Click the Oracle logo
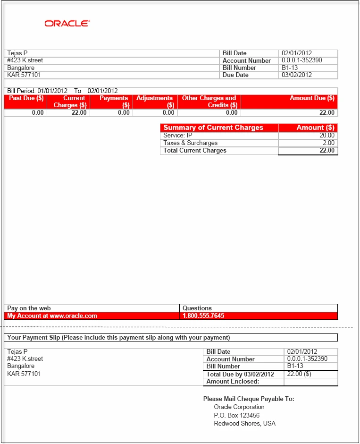[x=67, y=23]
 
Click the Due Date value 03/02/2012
[x=297, y=75]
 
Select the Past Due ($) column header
[x=26, y=98]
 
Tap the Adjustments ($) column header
[x=154, y=102]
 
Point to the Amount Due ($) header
[x=312, y=98]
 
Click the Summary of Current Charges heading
[x=213, y=128]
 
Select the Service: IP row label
[x=177, y=136]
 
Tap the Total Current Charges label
[x=195, y=151]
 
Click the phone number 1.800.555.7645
[x=203, y=316]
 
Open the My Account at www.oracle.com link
[x=52, y=316]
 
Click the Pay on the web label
[x=29, y=308]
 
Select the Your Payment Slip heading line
[x=118, y=338]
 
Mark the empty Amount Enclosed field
[x=310, y=382]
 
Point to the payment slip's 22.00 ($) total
[x=299, y=374]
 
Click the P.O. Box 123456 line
[x=236, y=415]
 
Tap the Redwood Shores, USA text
[x=244, y=424]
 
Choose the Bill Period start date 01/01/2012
[x=52, y=91]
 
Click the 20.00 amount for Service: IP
[x=327, y=136]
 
